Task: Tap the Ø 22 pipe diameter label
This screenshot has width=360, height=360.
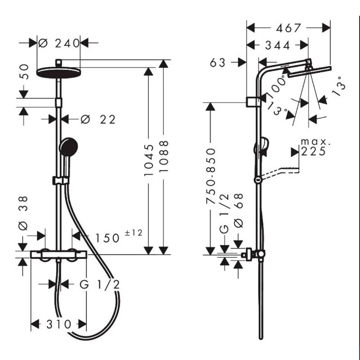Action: coord(98,119)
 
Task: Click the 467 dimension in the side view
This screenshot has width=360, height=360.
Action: coord(288,28)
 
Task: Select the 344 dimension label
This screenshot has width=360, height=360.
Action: coord(278,45)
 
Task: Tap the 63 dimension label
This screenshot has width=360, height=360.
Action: coord(219,63)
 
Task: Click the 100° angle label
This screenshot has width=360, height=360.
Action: coord(275,85)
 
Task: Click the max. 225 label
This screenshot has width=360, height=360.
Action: coord(314,147)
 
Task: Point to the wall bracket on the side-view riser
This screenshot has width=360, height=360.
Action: coord(254,102)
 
